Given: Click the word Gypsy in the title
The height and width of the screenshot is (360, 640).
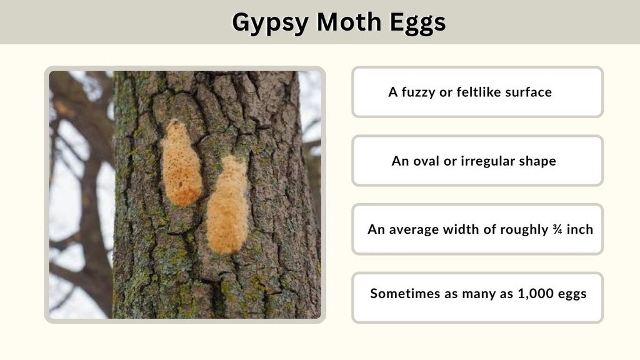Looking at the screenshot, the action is coord(270,23).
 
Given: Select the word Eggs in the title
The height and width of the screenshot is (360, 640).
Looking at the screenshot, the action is coord(417,23).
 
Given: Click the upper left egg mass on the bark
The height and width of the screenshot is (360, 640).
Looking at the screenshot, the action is coord(182,163).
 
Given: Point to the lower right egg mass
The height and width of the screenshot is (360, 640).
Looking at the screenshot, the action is coord(227,205).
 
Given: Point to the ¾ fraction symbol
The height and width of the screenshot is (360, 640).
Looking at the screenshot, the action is coord(557,229).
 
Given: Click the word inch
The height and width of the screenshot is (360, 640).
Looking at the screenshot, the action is coord(579,229).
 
